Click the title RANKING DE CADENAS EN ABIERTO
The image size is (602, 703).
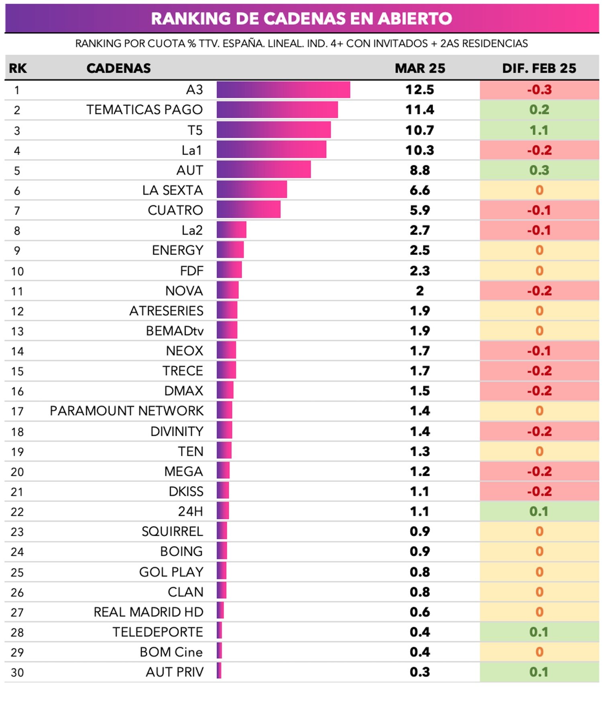(301, 18)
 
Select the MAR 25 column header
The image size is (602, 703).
(420, 68)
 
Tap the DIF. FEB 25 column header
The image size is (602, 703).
(539, 68)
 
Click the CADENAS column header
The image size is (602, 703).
(119, 68)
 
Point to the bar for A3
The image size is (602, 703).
(283, 90)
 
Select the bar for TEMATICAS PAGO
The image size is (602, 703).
(277, 110)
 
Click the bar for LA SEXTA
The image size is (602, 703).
(252, 190)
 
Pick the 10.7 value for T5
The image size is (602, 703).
(420, 130)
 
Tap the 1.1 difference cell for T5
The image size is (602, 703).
(539, 130)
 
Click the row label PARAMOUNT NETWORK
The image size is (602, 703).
(126, 411)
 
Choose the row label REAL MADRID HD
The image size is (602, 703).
(148, 612)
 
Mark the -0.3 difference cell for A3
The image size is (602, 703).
(539, 90)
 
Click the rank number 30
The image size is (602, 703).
(17, 673)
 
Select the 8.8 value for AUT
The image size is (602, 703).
(420, 171)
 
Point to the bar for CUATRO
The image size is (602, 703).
(248, 210)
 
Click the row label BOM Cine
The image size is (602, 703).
(171, 652)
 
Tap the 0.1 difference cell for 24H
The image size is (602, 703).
(539, 512)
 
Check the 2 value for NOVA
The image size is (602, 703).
(420, 291)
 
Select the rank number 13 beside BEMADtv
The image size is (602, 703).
(17, 331)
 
